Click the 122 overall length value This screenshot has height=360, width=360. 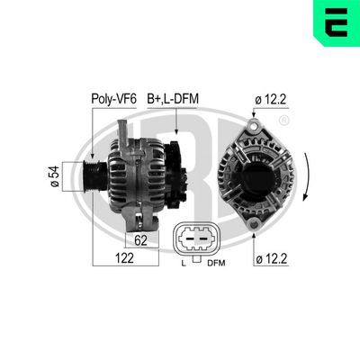tap(125, 259)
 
